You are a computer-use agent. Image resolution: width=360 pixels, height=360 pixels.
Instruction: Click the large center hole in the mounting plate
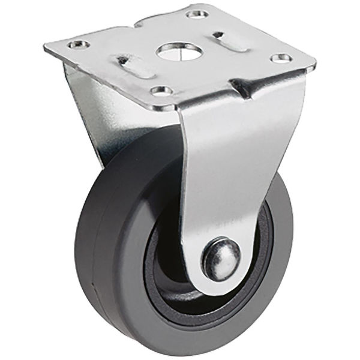click(x=178, y=50)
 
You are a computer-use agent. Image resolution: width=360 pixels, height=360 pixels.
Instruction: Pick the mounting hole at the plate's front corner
click(x=158, y=91)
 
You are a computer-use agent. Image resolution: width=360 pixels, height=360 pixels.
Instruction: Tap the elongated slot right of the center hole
click(x=229, y=41)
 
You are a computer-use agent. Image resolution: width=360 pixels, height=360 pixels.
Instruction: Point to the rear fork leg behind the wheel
click(x=96, y=120)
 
